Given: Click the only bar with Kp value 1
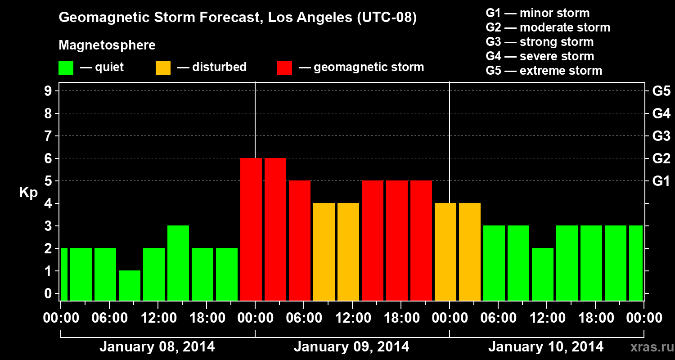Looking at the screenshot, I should (130, 285).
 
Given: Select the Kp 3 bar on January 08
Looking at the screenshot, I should (178, 263).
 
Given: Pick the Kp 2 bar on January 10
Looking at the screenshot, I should (543, 274).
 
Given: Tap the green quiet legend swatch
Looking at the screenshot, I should (66, 68).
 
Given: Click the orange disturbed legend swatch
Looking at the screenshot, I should (163, 68).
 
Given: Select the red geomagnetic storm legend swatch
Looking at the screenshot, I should (284, 68).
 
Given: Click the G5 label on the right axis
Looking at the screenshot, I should (661, 91).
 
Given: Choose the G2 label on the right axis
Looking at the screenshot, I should (661, 159).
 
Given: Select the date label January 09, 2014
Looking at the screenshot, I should (351, 347).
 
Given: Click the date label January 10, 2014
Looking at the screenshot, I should (546, 347).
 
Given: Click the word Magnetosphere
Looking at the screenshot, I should (107, 45).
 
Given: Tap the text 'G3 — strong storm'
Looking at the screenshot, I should (540, 42).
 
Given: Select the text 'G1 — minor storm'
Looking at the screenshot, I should (537, 13).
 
